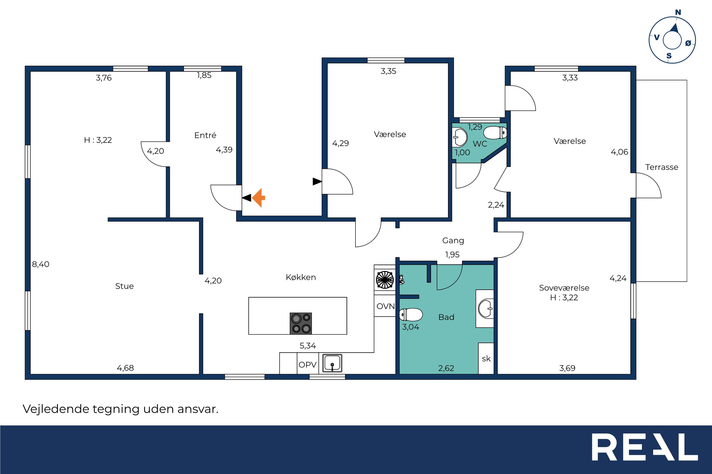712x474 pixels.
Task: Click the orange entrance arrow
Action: (x=259, y=198)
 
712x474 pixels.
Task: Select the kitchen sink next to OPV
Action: (x=332, y=363)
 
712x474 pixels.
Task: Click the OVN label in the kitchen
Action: (x=386, y=306)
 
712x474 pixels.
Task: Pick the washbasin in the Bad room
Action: (x=486, y=309)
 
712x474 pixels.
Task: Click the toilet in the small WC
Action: (x=495, y=132)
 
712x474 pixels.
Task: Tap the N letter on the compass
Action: (x=678, y=12)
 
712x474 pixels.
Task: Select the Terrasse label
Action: (x=662, y=167)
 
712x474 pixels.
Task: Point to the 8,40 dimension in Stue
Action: (x=41, y=264)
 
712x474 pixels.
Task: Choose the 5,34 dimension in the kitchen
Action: (x=308, y=346)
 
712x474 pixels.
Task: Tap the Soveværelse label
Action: (x=564, y=288)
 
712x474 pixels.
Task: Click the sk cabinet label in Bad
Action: (x=486, y=359)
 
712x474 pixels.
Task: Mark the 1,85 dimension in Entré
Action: (x=204, y=75)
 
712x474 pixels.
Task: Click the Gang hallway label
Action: (x=453, y=241)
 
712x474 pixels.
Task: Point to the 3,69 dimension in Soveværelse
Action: (x=567, y=368)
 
